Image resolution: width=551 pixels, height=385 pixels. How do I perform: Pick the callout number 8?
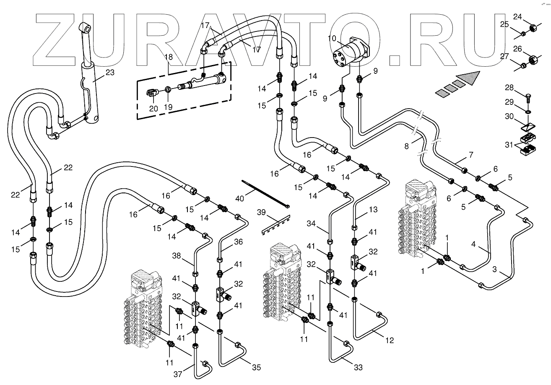[406, 147]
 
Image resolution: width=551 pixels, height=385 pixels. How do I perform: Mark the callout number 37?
[178, 374]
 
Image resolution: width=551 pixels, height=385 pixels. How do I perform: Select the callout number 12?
[390, 341]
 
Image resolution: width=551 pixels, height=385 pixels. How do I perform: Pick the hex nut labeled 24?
[531, 28]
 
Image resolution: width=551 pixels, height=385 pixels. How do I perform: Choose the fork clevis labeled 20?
[152, 94]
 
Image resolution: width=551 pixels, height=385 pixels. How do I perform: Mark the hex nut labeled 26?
[532, 60]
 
